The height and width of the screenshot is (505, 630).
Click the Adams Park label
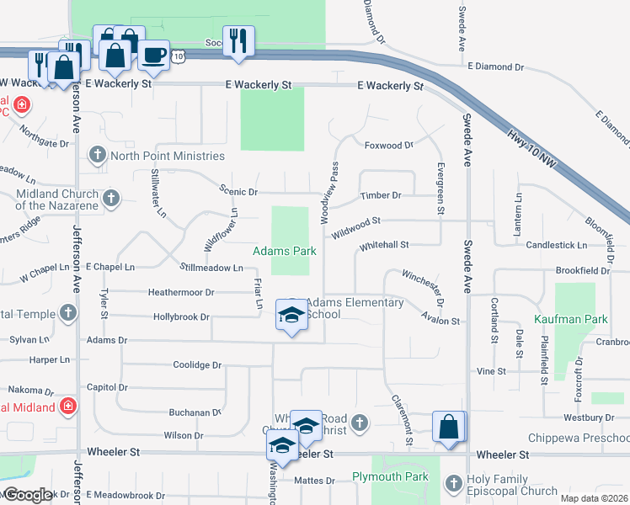(285, 251)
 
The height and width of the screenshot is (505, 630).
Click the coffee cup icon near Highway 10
(152, 56)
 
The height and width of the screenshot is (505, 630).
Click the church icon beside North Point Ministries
(98, 155)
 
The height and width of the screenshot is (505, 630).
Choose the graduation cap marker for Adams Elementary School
(291, 316)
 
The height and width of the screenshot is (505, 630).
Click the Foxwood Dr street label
(388, 145)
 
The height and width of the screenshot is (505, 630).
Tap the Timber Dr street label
(381, 195)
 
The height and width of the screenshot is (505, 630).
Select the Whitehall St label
(383, 245)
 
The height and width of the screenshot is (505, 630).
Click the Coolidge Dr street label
(196, 365)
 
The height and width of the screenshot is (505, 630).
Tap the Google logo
(27, 495)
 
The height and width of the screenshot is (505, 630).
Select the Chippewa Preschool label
(578, 439)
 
